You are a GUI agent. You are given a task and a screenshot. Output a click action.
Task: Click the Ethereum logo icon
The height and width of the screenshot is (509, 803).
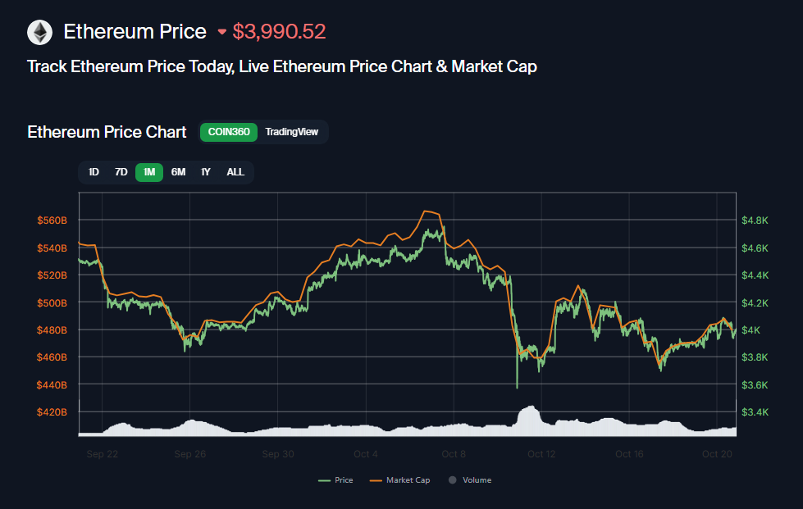[x=39, y=32]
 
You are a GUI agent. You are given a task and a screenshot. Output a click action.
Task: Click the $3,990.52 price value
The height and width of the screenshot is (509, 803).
[x=279, y=32]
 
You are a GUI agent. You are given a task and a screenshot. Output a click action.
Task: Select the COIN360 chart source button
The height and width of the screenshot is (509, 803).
[x=229, y=132]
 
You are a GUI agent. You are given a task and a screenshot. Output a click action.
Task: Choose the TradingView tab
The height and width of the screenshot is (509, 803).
[x=291, y=132]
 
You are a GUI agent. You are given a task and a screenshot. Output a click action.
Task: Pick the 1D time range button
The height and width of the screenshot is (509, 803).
[x=94, y=172]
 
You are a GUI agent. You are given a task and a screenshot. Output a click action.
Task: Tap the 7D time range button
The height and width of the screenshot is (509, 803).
[x=121, y=172]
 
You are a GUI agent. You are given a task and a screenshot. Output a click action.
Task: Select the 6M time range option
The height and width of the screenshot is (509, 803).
[x=178, y=172]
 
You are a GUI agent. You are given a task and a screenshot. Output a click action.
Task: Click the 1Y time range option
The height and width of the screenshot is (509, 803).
[x=206, y=172]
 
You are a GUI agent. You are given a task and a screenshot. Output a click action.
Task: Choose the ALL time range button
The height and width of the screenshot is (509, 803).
[x=235, y=172]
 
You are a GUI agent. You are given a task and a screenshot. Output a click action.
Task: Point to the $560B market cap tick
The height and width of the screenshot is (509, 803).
[x=52, y=220]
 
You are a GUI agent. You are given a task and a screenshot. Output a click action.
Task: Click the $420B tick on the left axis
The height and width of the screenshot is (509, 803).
[x=52, y=411]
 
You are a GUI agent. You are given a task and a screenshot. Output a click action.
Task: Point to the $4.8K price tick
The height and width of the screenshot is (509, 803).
[x=755, y=220]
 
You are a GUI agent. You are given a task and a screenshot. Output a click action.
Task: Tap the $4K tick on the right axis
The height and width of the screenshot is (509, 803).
[x=751, y=329]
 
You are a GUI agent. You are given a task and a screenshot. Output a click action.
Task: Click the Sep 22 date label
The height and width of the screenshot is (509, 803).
[x=102, y=453]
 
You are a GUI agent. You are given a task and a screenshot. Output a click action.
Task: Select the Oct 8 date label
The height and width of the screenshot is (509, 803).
[x=454, y=453]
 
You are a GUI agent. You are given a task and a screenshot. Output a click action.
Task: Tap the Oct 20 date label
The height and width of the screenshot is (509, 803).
[x=717, y=453]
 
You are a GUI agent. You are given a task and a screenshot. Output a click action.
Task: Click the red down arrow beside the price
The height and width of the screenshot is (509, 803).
[x=221, y=32]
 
